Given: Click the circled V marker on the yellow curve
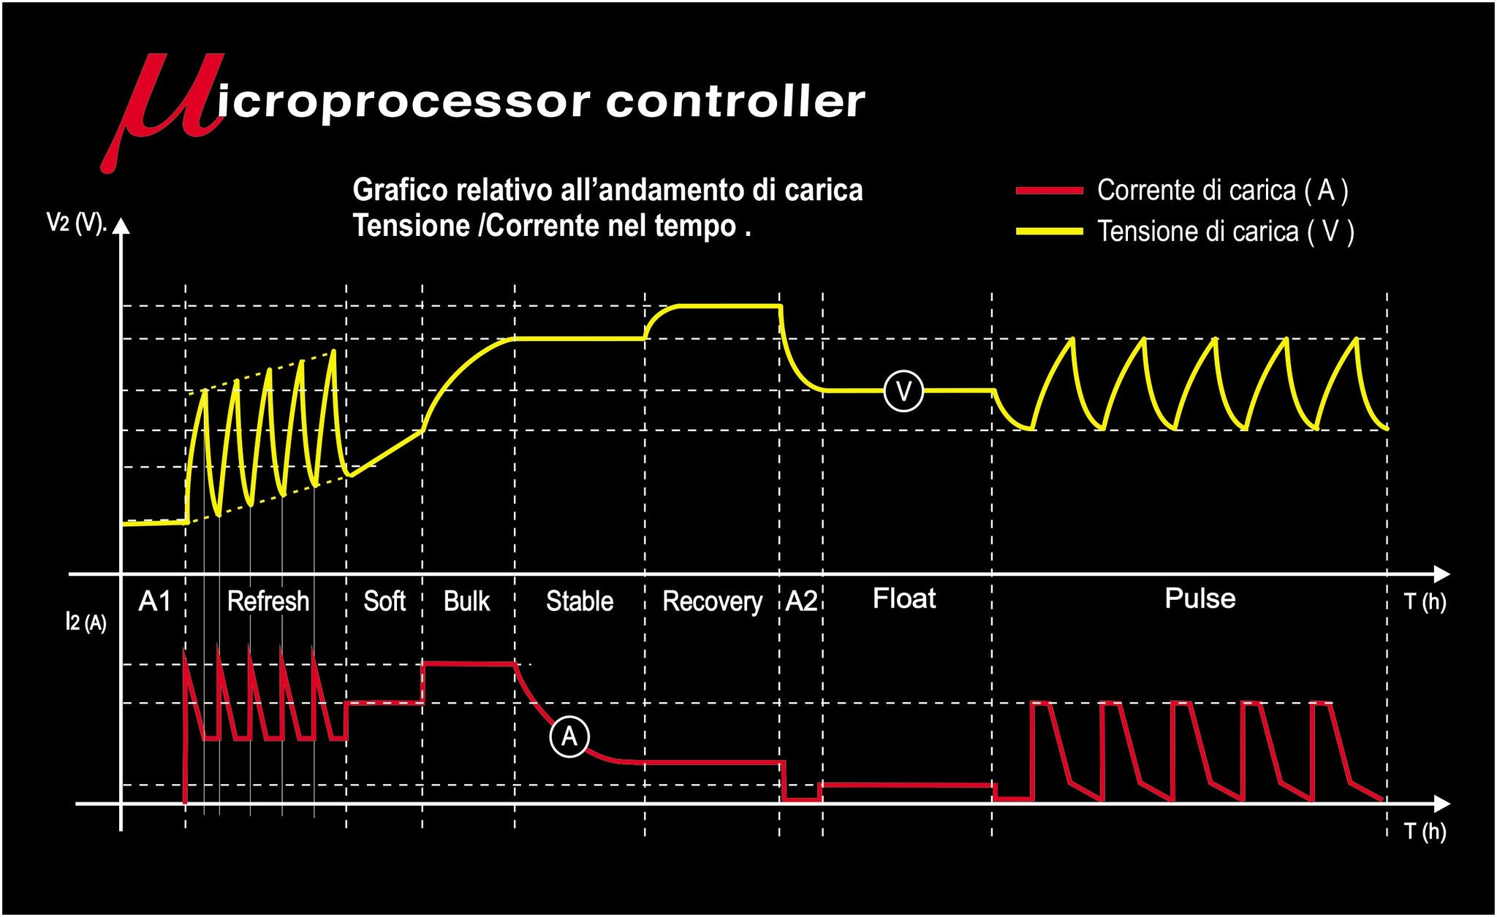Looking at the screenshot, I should tap(903, 392).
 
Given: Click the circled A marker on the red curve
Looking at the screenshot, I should tap(569, 736).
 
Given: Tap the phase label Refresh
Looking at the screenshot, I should tap(268, 601).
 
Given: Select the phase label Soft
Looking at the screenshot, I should tap(384, 601).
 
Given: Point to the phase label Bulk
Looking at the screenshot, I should tap(466, 601).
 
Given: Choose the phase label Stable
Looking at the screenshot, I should tap(580, 601).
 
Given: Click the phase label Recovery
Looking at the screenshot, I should tap(712, 602).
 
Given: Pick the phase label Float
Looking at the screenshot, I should tap(904, 599).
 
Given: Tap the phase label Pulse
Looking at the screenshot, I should tap(1200, 598).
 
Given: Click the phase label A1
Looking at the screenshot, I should tap(155, 601).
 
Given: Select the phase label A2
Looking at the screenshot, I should tap(801, 601).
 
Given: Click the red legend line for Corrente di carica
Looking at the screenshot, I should tap(1049, 191).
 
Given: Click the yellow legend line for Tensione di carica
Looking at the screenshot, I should tap(1049, 232).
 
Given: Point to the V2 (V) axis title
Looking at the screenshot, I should tap(77, 223).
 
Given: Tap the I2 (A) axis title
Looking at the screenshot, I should tap(86, 622).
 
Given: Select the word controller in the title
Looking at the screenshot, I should tap(735, 102).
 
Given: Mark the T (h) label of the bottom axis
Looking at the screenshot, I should tap(1425, 832).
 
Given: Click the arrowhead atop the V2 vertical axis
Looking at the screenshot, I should tap(121, 227).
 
